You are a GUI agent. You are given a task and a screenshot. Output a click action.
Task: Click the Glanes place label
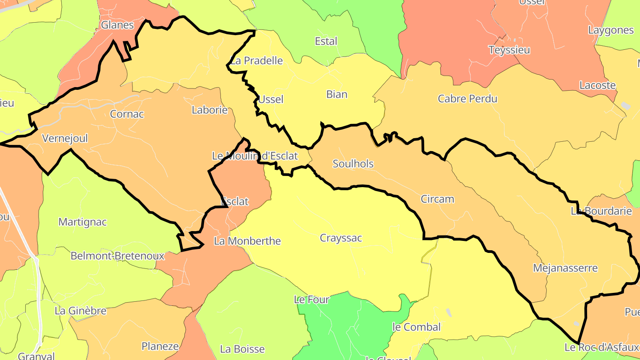click(117, 25)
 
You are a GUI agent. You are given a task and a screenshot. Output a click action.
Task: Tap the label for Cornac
click(127, 114)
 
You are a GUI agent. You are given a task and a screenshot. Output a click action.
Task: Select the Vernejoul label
click(65, 138)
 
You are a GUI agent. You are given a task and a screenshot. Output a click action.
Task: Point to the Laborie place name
click(209, 110)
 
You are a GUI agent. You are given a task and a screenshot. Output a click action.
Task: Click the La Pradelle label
click(256, 60)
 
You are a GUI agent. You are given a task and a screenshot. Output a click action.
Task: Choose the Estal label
click(326, 41)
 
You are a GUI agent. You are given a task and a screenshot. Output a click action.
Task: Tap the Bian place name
click(336, 94)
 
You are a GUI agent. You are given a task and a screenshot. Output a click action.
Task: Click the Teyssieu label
click(509, 50)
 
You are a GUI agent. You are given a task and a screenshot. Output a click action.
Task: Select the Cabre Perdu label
click(468, 99)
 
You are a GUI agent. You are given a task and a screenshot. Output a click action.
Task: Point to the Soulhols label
click(353, 164)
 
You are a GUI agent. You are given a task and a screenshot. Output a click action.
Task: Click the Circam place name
click(437, 199)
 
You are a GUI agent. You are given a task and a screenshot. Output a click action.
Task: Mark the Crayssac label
click(341, 238)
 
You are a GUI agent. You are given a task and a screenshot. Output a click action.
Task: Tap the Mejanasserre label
click(565, 268)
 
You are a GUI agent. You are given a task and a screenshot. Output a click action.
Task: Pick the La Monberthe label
click(248, 241)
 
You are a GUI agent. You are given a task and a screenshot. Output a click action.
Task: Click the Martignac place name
click(83, 222)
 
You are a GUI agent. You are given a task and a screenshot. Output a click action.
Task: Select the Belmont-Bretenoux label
click(117, 256)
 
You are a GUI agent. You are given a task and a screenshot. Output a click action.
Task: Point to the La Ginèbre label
click(80, 311)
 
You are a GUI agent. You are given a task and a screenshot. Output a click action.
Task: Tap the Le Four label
click(312, 300)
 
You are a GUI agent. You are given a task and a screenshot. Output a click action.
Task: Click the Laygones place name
click(611, 30)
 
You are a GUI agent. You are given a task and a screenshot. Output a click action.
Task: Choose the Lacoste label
click(597, 85)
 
